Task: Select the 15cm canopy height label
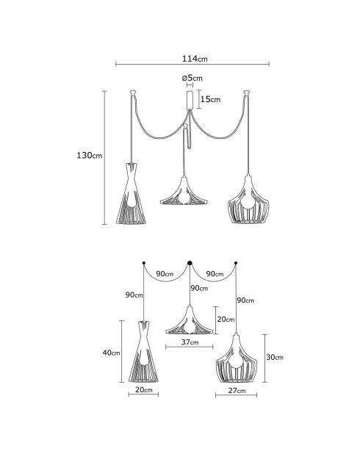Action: [x=210, y=99]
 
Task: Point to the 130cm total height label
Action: [x=90, y=156]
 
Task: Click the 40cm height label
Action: [x=111, y=353]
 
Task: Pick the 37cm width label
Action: [x=190, y=342]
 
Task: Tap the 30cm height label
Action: [x=274, y=358]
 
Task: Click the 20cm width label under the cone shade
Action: [x=144, y=391]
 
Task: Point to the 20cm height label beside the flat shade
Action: [x=226, y=320]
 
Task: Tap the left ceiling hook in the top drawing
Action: [x=133, y=93]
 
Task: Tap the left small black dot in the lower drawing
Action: [x=144, y=262]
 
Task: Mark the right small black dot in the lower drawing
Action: [x=236, y=262]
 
